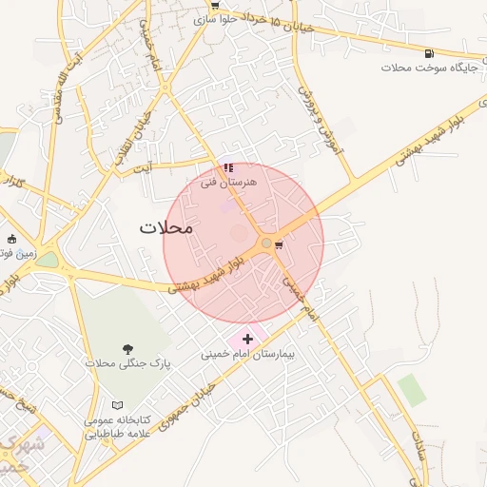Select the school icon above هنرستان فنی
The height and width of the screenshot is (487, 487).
coord(228,167)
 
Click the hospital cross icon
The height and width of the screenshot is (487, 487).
coord(248,338)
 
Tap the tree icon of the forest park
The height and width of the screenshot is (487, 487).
coord(127,349)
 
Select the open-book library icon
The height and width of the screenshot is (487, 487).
coord(117,406)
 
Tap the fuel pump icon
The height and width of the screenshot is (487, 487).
coord(430,53)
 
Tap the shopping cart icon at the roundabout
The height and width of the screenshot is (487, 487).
coord(279,244)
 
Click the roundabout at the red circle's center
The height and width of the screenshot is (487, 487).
coord(265,243)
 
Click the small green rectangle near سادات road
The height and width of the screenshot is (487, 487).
coord(411,389)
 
